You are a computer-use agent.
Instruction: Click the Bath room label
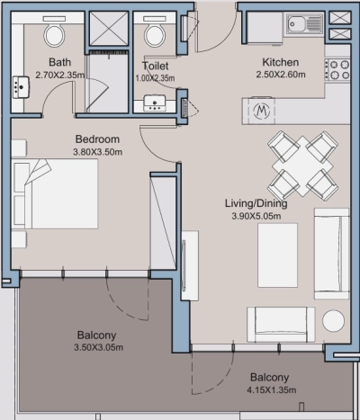[x=59, y=63]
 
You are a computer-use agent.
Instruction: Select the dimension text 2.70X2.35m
[x=59, y=76]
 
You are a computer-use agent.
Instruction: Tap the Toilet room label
[x=156, y=66]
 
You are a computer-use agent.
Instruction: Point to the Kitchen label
[x=279, y=62]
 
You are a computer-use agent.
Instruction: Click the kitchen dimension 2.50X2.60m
[x=279, y=76]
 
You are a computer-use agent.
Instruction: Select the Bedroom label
[x=97, y=140]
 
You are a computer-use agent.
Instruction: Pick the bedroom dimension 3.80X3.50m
[x=97, y=153]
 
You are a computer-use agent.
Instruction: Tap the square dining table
[x=299, y=165]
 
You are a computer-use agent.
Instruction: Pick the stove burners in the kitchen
[x=338, y=68]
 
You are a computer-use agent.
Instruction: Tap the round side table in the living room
[x=333, y=322]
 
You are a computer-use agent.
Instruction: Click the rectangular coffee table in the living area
[x=277, y=255]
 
